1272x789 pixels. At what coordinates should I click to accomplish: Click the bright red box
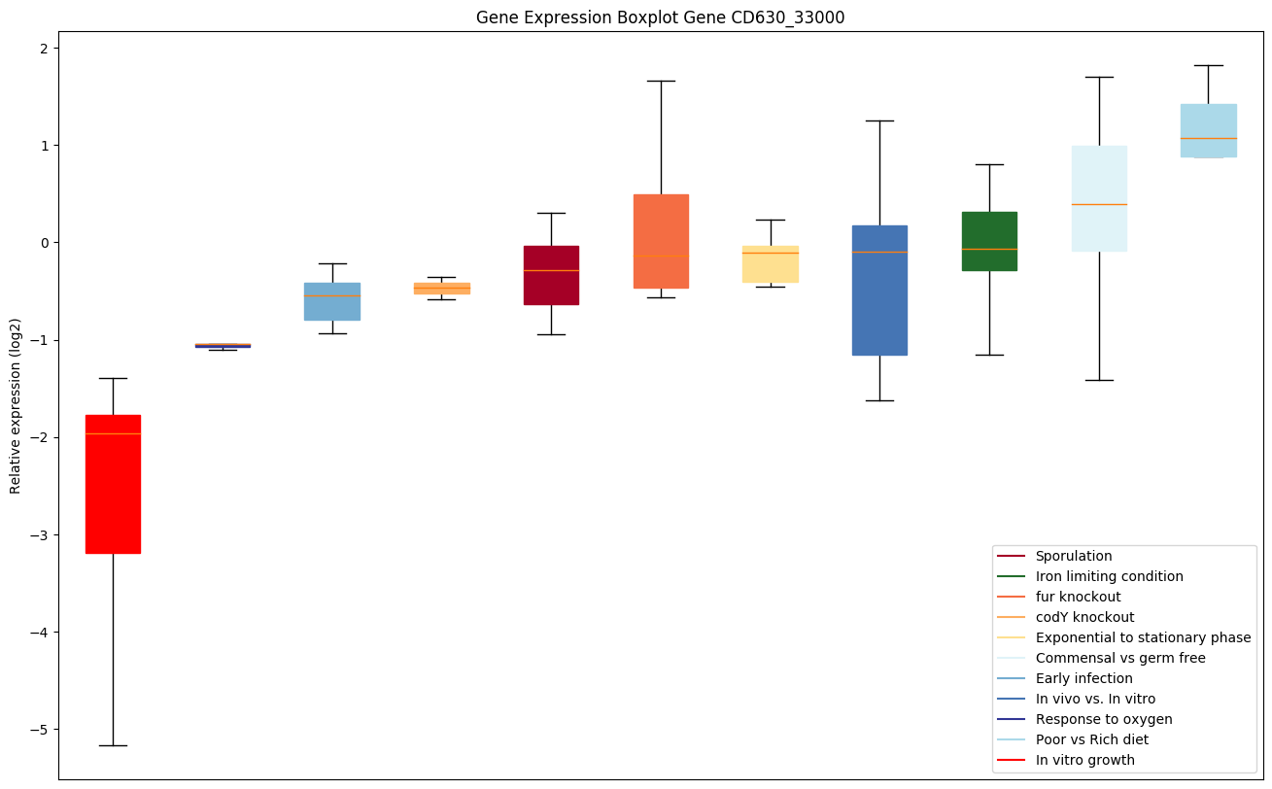click(113, 484)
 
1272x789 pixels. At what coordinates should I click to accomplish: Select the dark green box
click(989, 241)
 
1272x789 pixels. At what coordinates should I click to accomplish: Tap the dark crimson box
click(551, 275)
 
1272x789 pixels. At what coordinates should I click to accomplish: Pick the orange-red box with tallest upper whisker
click(661, 241)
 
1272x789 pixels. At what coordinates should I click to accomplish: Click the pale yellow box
click(771, 264)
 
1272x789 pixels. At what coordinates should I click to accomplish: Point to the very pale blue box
click(1099, 198)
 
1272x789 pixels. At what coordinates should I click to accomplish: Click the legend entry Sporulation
click(1073, 556)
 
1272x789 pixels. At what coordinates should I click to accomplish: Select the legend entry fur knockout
click(1078, 597)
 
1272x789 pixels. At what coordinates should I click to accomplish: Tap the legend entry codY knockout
click(1084, 617)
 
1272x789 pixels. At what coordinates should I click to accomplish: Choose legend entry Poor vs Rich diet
click(1091, 739)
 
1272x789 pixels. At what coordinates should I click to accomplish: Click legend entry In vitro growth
click(1084, 760)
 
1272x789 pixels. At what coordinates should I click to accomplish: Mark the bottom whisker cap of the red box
click(113, 745)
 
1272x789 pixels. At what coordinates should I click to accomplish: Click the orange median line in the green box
click(989, 249)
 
